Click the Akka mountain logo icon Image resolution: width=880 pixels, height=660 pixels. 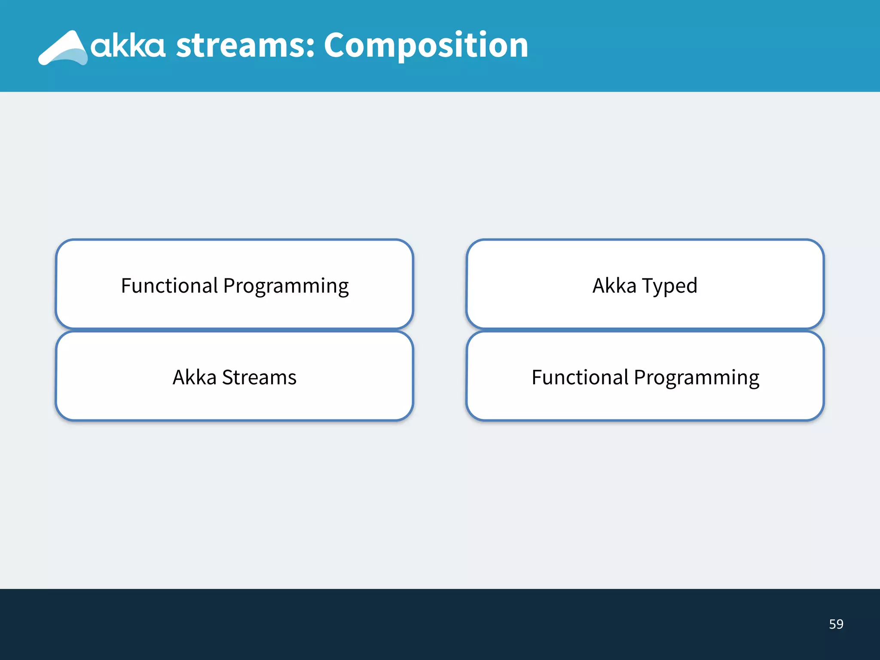[64, 48]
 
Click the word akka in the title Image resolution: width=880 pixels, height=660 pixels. [128, 46]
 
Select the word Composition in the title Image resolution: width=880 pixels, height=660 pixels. [425, 46]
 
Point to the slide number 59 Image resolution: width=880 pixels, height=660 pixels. [836, 624]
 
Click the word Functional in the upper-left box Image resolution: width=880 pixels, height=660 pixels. [169, 286]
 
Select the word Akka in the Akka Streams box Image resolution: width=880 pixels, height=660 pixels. [194, 377]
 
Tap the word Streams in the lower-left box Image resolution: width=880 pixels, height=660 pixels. [259, 377]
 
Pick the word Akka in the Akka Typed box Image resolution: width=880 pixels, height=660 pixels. [614, 286]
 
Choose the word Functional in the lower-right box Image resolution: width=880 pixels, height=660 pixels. [580, 377]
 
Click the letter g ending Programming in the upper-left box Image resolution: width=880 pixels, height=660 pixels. [343, 289]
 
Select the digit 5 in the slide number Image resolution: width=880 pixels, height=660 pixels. [832, 624]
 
